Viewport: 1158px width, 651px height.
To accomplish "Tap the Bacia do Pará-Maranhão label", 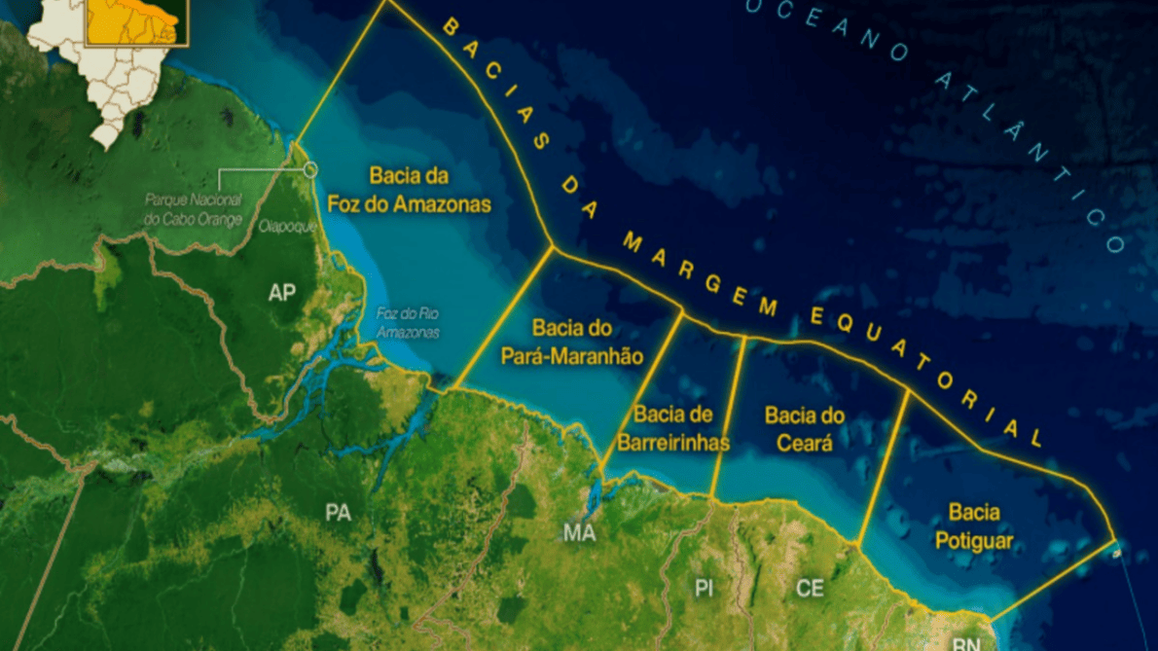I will [x=571, y=342].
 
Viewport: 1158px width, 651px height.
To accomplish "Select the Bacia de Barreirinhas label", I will [x=672, y=429].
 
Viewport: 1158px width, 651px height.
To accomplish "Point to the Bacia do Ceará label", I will [x=804, y=429].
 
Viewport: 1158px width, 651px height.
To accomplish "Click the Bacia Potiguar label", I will [x=974, y=525].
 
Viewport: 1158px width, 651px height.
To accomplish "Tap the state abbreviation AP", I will [x=282, y=291].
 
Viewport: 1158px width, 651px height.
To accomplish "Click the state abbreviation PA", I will [x=338, y=513].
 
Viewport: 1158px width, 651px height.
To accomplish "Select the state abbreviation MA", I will [x=579, y=532].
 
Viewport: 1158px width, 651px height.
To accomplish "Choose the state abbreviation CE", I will [x=810, y=588].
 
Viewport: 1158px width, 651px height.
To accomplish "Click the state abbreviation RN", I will [x=965, y=643].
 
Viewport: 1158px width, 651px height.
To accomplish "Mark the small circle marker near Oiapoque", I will [x=310, y=170].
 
